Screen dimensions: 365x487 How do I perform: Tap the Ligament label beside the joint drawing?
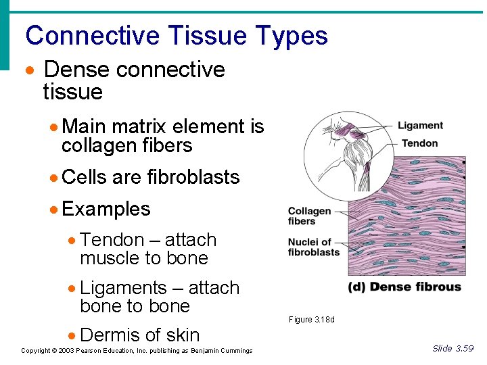(420, 126)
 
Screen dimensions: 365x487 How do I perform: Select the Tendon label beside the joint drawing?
(419, 143)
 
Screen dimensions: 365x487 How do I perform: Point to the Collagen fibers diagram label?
(309, 216)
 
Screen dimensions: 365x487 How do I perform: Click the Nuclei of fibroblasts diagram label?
(314, 247)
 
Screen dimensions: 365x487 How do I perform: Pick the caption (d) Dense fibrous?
(404, 287)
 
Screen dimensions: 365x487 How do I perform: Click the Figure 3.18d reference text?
(311, 320)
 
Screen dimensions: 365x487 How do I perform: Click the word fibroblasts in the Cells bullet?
(193, 177)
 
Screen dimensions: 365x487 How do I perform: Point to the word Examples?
(106, 209)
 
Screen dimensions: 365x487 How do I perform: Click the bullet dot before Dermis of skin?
(72, 335)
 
